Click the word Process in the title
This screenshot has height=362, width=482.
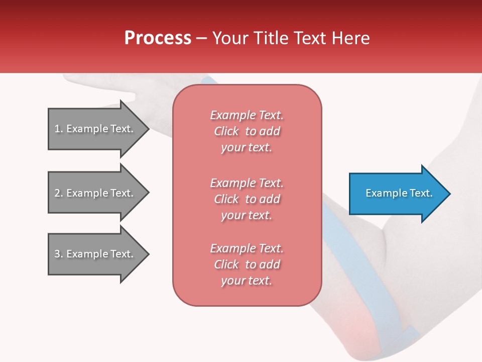coord(158,38)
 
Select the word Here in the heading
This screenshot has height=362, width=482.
coord(350,38)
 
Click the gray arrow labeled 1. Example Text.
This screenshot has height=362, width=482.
coord(99,129)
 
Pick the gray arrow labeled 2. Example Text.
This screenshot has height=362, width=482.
coord(99,193)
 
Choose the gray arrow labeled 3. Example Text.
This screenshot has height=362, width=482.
coord(99,254)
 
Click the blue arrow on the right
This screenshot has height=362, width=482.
coord(400,194)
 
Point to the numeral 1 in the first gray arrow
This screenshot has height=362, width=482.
coord(57,129)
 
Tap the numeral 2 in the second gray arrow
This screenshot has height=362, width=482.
coord(57,193)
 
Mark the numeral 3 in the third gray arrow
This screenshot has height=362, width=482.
coord(57,254)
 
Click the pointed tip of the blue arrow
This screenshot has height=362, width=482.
coord(450,194)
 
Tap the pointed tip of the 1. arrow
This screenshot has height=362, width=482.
coord(150,129)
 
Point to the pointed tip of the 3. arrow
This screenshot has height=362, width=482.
coord(150,254)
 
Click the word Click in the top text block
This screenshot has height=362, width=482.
coord(226,131)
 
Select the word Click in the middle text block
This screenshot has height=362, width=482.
coord(226,199)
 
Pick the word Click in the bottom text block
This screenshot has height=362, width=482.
coord(226,264)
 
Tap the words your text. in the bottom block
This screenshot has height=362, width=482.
coord(247,281)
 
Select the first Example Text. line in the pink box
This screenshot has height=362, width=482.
coord(247,115)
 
